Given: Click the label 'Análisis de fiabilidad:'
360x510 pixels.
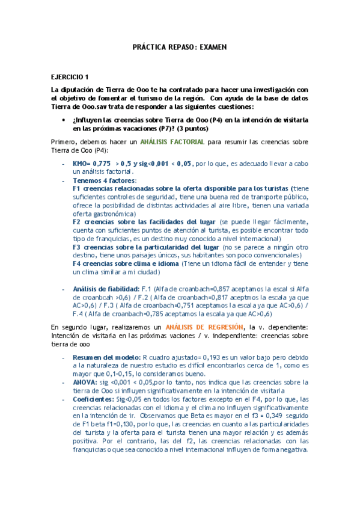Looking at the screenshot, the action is click(x=105, y=289).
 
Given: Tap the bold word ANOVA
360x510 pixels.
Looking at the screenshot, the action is click(x=85, y=381).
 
